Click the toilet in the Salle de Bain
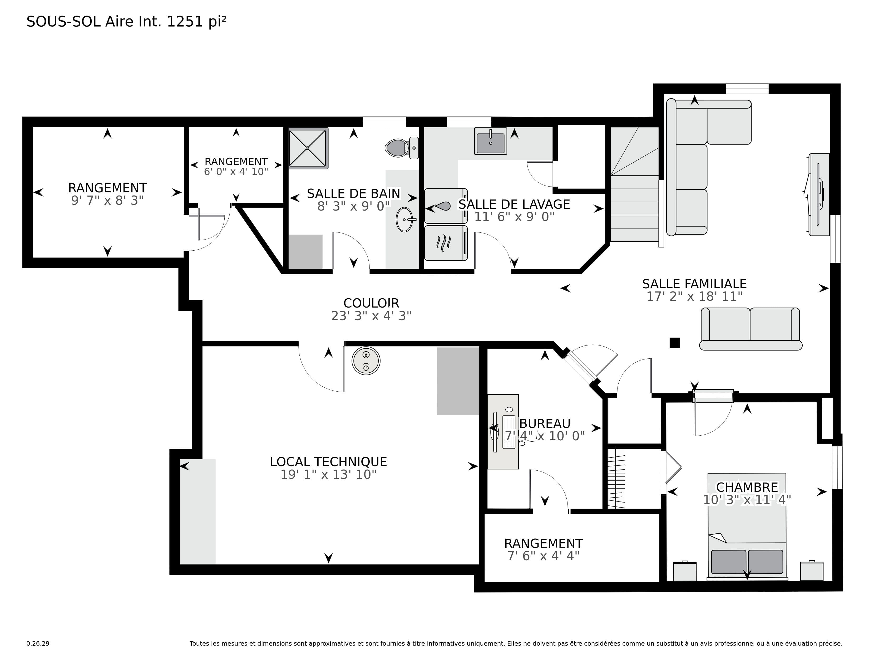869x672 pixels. (402, 148)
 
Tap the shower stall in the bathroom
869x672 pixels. (308, 148)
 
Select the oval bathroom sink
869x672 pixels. (405, 219)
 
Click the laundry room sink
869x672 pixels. (490, 141)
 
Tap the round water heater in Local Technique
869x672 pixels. (366, 361)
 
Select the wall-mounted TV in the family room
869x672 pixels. (819, 195)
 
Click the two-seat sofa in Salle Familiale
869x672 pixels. (750, 329)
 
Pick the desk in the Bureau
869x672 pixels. (503, 432)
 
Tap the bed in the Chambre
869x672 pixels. (747, 526)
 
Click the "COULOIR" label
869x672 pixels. (371, 303)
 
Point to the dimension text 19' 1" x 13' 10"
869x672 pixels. (329, 475)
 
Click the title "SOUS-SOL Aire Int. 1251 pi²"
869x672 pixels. (126, 22)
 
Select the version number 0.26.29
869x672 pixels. (38, 643)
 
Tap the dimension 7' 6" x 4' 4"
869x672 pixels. (544, 556)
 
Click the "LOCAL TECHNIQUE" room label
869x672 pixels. (329, 462)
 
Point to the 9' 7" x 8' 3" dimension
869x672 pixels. (107, 200)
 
